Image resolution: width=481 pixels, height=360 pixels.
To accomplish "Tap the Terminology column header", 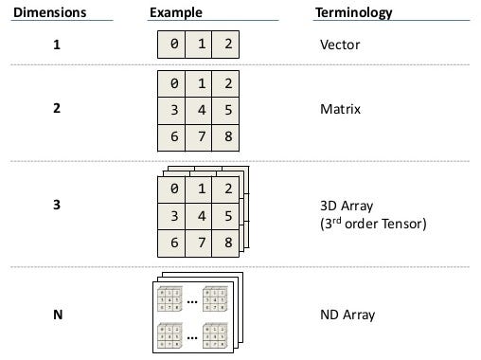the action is (x=353, y=13).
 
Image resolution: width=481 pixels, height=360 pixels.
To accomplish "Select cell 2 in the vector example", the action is (x=224, y=45).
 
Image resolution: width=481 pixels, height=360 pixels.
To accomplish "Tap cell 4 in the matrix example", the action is (x=200, y=109).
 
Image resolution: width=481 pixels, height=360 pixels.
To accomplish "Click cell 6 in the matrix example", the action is (x=174, y=137).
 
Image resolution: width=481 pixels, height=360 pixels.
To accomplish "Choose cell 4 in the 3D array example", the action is (x=200, y=217).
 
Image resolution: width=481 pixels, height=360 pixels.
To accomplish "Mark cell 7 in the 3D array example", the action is (x=200, y=243).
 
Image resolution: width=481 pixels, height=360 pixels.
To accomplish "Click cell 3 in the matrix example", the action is (x=174, y=109).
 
